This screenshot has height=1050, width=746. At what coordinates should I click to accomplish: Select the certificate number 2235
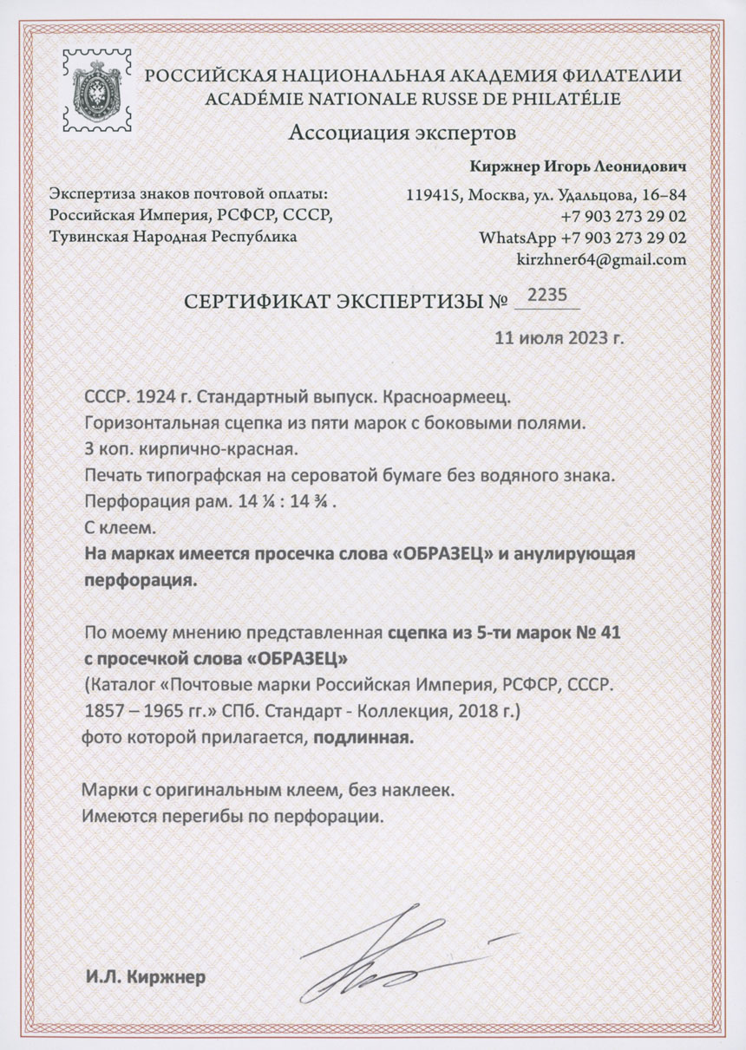point(547,296)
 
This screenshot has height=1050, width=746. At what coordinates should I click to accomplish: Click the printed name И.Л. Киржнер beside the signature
point(146,978)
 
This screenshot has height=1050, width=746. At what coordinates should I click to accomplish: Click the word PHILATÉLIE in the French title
point(566,98)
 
